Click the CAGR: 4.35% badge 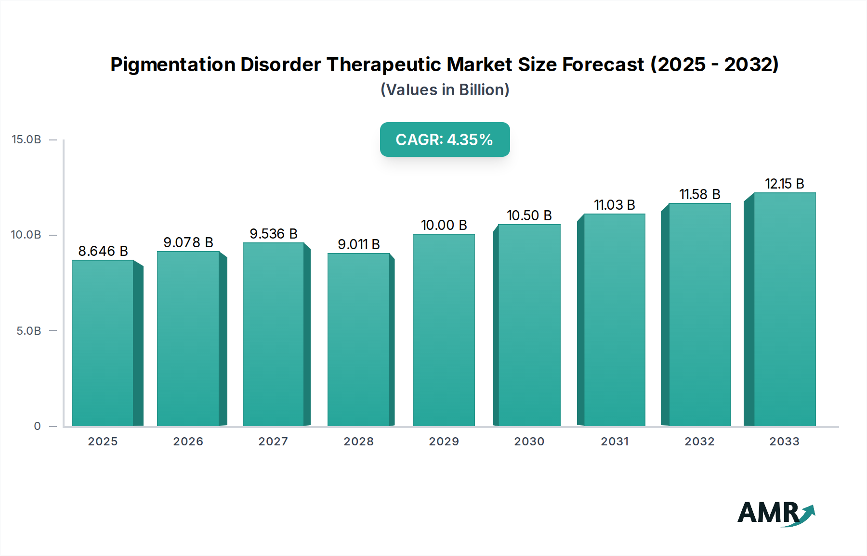pos(445,139)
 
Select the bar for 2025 pos(103,342)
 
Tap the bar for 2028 pos(358,339)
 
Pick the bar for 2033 pos(785,309)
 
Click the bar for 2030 pos(529,325)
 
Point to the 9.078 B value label pos(188,242)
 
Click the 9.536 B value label pos(274,234)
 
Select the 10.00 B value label pos(444,225)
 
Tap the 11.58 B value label pos(700,194)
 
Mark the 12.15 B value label pos(785,184)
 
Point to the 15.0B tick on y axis pos(26,139)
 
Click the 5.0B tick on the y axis pos(29,331)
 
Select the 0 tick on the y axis pos(38,426)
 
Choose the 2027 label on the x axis pos(273,442)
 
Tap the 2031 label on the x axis pos(615,442)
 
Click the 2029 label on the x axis pos(444,442)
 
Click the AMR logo pos(776,513)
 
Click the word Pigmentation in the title pos(172,64)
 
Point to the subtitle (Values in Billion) pos(445,90)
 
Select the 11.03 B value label pos(615,205)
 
